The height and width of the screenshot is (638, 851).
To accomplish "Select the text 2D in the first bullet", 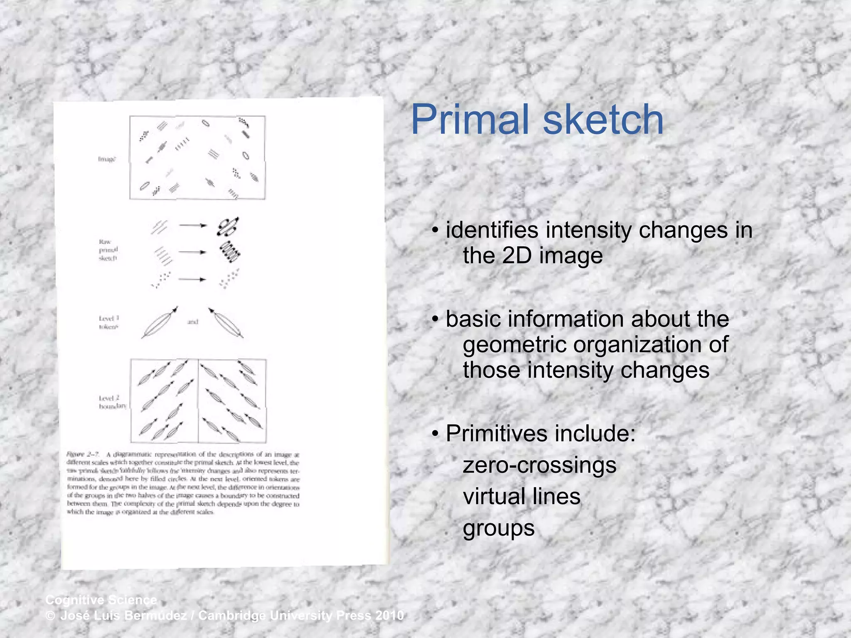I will [517, 256].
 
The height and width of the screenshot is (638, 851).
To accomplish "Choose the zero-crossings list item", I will [539, 465].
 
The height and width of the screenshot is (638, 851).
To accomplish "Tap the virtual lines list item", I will [521, 497].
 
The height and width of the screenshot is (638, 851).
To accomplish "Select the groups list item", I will [499, 529].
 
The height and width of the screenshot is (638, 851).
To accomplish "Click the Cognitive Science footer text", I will [101, 600].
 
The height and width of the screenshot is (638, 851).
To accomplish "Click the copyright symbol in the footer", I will [50, 616].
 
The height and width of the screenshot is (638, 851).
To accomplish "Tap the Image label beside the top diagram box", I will [107, 159].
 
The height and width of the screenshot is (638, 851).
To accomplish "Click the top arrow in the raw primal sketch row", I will [193, 226].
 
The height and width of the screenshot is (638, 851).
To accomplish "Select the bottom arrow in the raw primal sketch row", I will [192, 280].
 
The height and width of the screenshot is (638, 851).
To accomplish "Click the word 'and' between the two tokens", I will [192, 322].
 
